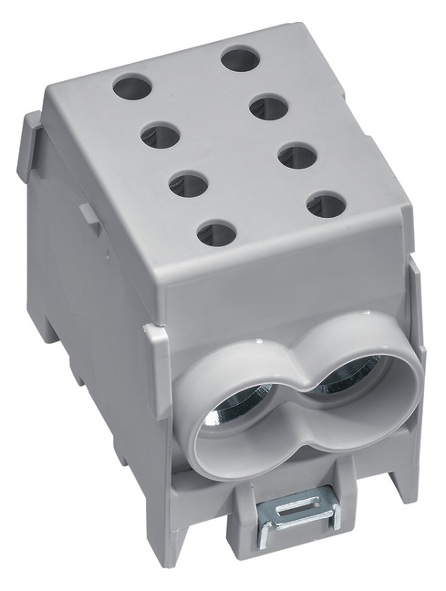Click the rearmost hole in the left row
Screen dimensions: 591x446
[x=132, y=88]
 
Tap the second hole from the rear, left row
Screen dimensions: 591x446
[x=161, y=137]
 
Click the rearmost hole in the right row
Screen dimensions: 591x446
[x=240, y=61]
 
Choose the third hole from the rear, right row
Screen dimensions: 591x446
[x=297, y=156]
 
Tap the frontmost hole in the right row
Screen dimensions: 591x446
[x=326, y=204]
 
